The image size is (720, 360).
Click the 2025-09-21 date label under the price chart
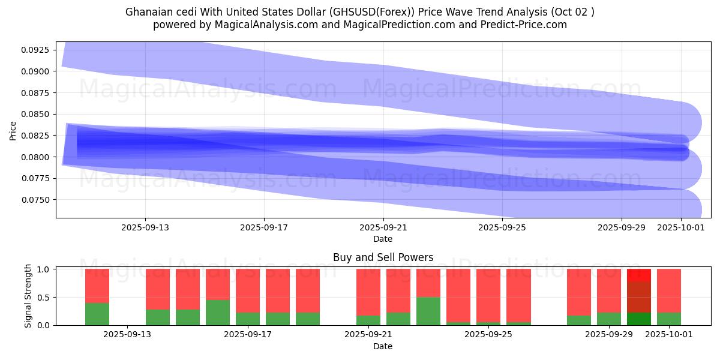coord(383,228)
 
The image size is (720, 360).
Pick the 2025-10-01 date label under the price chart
coord(681,228)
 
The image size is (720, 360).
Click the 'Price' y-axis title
coord(13,130)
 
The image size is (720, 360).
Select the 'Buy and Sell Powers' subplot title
coord(383,257)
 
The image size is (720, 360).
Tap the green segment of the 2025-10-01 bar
coord(669,319)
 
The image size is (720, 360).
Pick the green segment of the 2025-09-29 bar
coord(609,319)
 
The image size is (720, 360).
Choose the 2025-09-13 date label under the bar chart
coord(128,334)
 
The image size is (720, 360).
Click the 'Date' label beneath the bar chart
coord(383,346)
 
